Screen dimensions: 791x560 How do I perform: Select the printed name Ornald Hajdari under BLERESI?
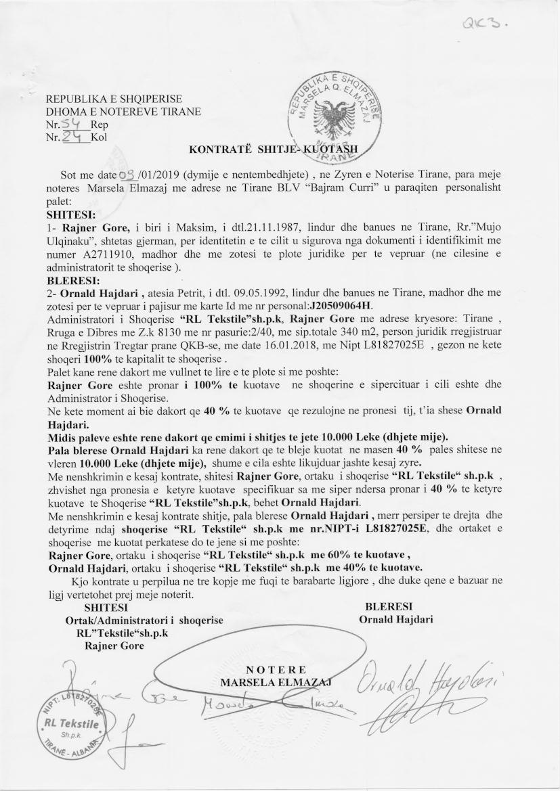396,618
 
